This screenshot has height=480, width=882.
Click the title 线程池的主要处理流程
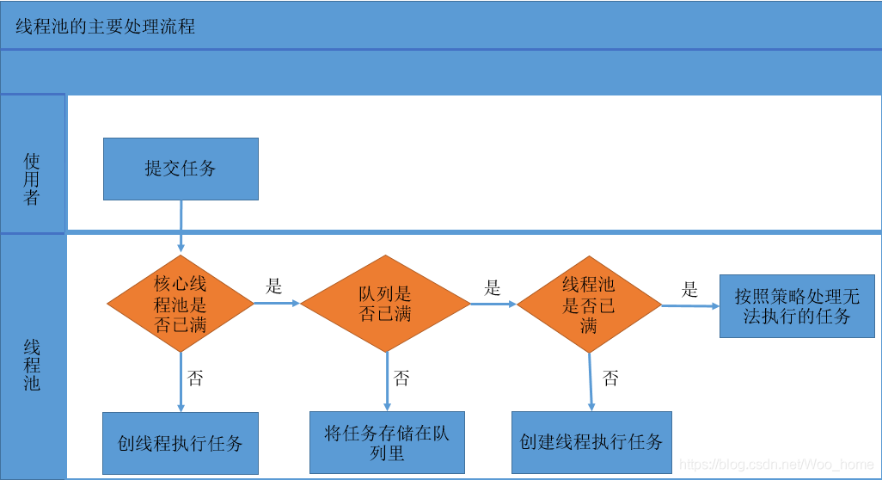point(106,26)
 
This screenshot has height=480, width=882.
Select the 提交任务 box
point(181,169)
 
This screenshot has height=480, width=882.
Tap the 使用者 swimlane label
point(32,179)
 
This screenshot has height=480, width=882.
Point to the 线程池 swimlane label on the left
point(32,366)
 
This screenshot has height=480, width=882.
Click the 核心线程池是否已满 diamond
point(181,303)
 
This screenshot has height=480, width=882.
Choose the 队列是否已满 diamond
point(385,303)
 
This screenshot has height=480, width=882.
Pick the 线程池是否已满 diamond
point(589,305)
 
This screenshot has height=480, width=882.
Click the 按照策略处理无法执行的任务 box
point(797,306)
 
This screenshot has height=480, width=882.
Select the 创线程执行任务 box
point(181,443)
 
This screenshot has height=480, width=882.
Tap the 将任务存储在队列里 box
point(387,442)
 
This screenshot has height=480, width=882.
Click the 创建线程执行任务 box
point(591,442)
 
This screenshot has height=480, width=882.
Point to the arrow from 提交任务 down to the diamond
point(181,226)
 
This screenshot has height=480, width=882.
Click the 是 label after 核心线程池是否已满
point(274,286)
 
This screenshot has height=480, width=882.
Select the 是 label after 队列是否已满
point(493,287)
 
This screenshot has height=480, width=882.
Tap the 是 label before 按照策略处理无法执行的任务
point(689,289)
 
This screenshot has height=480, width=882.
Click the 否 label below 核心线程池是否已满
point(195,378)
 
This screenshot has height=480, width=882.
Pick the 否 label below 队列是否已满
point(401,378)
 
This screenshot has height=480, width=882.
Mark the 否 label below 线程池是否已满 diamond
point(610,378)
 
